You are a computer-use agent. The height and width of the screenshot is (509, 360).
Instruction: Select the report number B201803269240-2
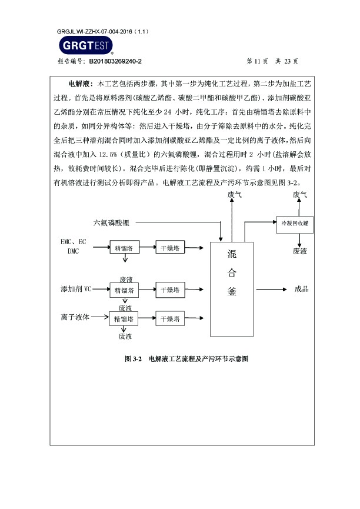(x=115, y=61)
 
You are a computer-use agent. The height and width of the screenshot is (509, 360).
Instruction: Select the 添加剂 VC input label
(x=76, y=290)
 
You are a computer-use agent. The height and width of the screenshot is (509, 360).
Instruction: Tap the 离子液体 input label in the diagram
(x=75, y=317)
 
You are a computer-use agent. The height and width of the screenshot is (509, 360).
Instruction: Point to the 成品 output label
(x=301, y=289)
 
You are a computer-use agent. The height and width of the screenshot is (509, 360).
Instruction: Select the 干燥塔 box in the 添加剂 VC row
(x=170, y=290)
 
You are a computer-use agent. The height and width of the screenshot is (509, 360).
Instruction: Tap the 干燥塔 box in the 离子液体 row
(x=170, y=319)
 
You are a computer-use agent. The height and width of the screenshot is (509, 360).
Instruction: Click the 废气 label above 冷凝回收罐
(x=300, y=194)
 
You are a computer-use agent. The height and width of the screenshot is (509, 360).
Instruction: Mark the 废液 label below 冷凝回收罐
(x=300, y=251)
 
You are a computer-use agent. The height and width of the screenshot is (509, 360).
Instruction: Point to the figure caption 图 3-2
(x=134, y=358)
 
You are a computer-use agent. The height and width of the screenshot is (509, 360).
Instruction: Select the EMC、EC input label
(x=73, y=242)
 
